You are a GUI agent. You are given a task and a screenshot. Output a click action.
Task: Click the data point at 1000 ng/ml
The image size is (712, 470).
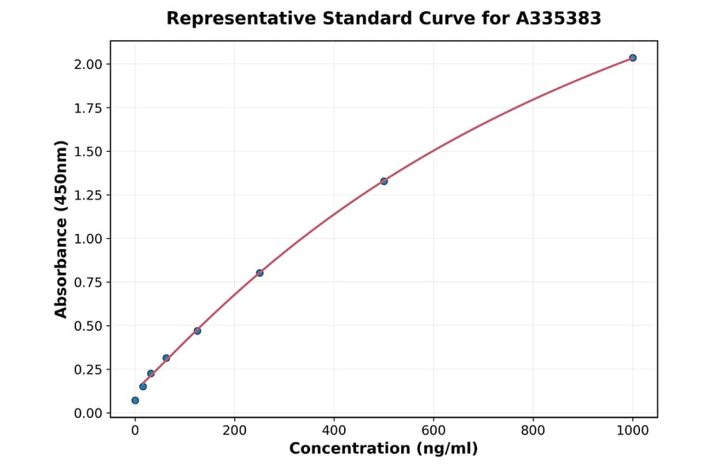(x=633, y=58)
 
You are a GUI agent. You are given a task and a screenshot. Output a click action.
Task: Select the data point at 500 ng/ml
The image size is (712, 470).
(x=384, y=181)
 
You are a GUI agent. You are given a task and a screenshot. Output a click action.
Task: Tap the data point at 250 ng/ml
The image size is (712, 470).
(x=259, y=273)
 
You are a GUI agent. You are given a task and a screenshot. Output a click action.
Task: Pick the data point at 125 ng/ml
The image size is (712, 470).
(x=197, y=331)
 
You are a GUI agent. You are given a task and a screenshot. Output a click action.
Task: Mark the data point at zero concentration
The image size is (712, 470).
(x=135, y=400)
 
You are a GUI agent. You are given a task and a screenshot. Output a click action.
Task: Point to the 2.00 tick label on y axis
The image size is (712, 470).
(x=88, y=64)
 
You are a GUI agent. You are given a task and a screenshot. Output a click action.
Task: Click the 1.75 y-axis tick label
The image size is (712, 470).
(x=88, y=108)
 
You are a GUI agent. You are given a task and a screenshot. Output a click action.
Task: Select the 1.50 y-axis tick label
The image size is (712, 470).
(x=88, y=151)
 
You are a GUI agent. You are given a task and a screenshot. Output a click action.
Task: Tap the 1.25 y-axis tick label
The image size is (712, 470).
(x=88, y=195)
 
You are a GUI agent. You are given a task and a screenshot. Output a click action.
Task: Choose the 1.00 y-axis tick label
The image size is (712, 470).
(x=88, y=239)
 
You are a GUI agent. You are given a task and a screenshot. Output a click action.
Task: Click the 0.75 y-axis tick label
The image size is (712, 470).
(x=88, y=282)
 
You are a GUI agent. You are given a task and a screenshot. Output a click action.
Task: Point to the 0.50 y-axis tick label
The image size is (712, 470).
(x=88, y=326)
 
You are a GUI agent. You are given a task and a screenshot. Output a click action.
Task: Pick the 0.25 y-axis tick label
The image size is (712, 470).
(x=88, y=370)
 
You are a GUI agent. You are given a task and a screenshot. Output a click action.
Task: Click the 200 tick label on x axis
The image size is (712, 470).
(x=234, y=430)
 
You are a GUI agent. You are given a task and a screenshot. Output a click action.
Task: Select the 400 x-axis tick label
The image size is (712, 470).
(x=334, y=430)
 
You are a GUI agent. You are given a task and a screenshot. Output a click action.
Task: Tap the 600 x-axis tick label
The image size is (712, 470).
(x=434, y=430)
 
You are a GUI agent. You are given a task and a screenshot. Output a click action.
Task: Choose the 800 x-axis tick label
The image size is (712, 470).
(x=533, y=430)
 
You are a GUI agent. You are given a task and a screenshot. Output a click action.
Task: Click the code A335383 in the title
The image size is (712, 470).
(x=559, y=18)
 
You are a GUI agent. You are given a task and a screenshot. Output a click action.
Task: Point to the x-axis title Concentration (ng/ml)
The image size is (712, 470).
(x=384, y=449)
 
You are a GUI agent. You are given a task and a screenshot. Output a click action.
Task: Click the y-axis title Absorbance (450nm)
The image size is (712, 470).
(x=62, y=229)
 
